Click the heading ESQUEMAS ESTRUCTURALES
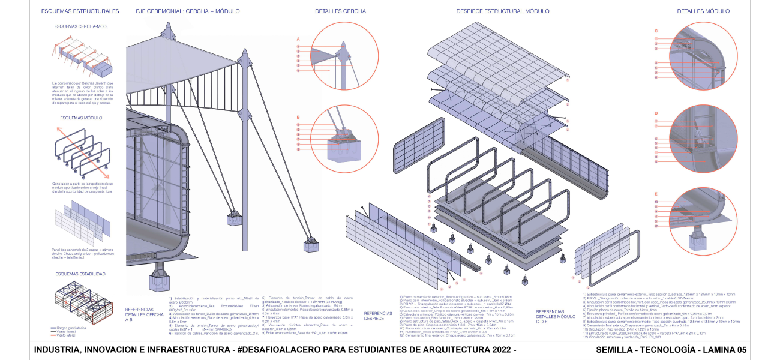(80, 11)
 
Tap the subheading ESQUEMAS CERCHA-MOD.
(81, 27)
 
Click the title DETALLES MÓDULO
(703, 11)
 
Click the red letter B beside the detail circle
(298, 118)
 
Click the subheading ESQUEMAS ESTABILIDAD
(81, 274)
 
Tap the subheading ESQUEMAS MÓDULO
(81, 118)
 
